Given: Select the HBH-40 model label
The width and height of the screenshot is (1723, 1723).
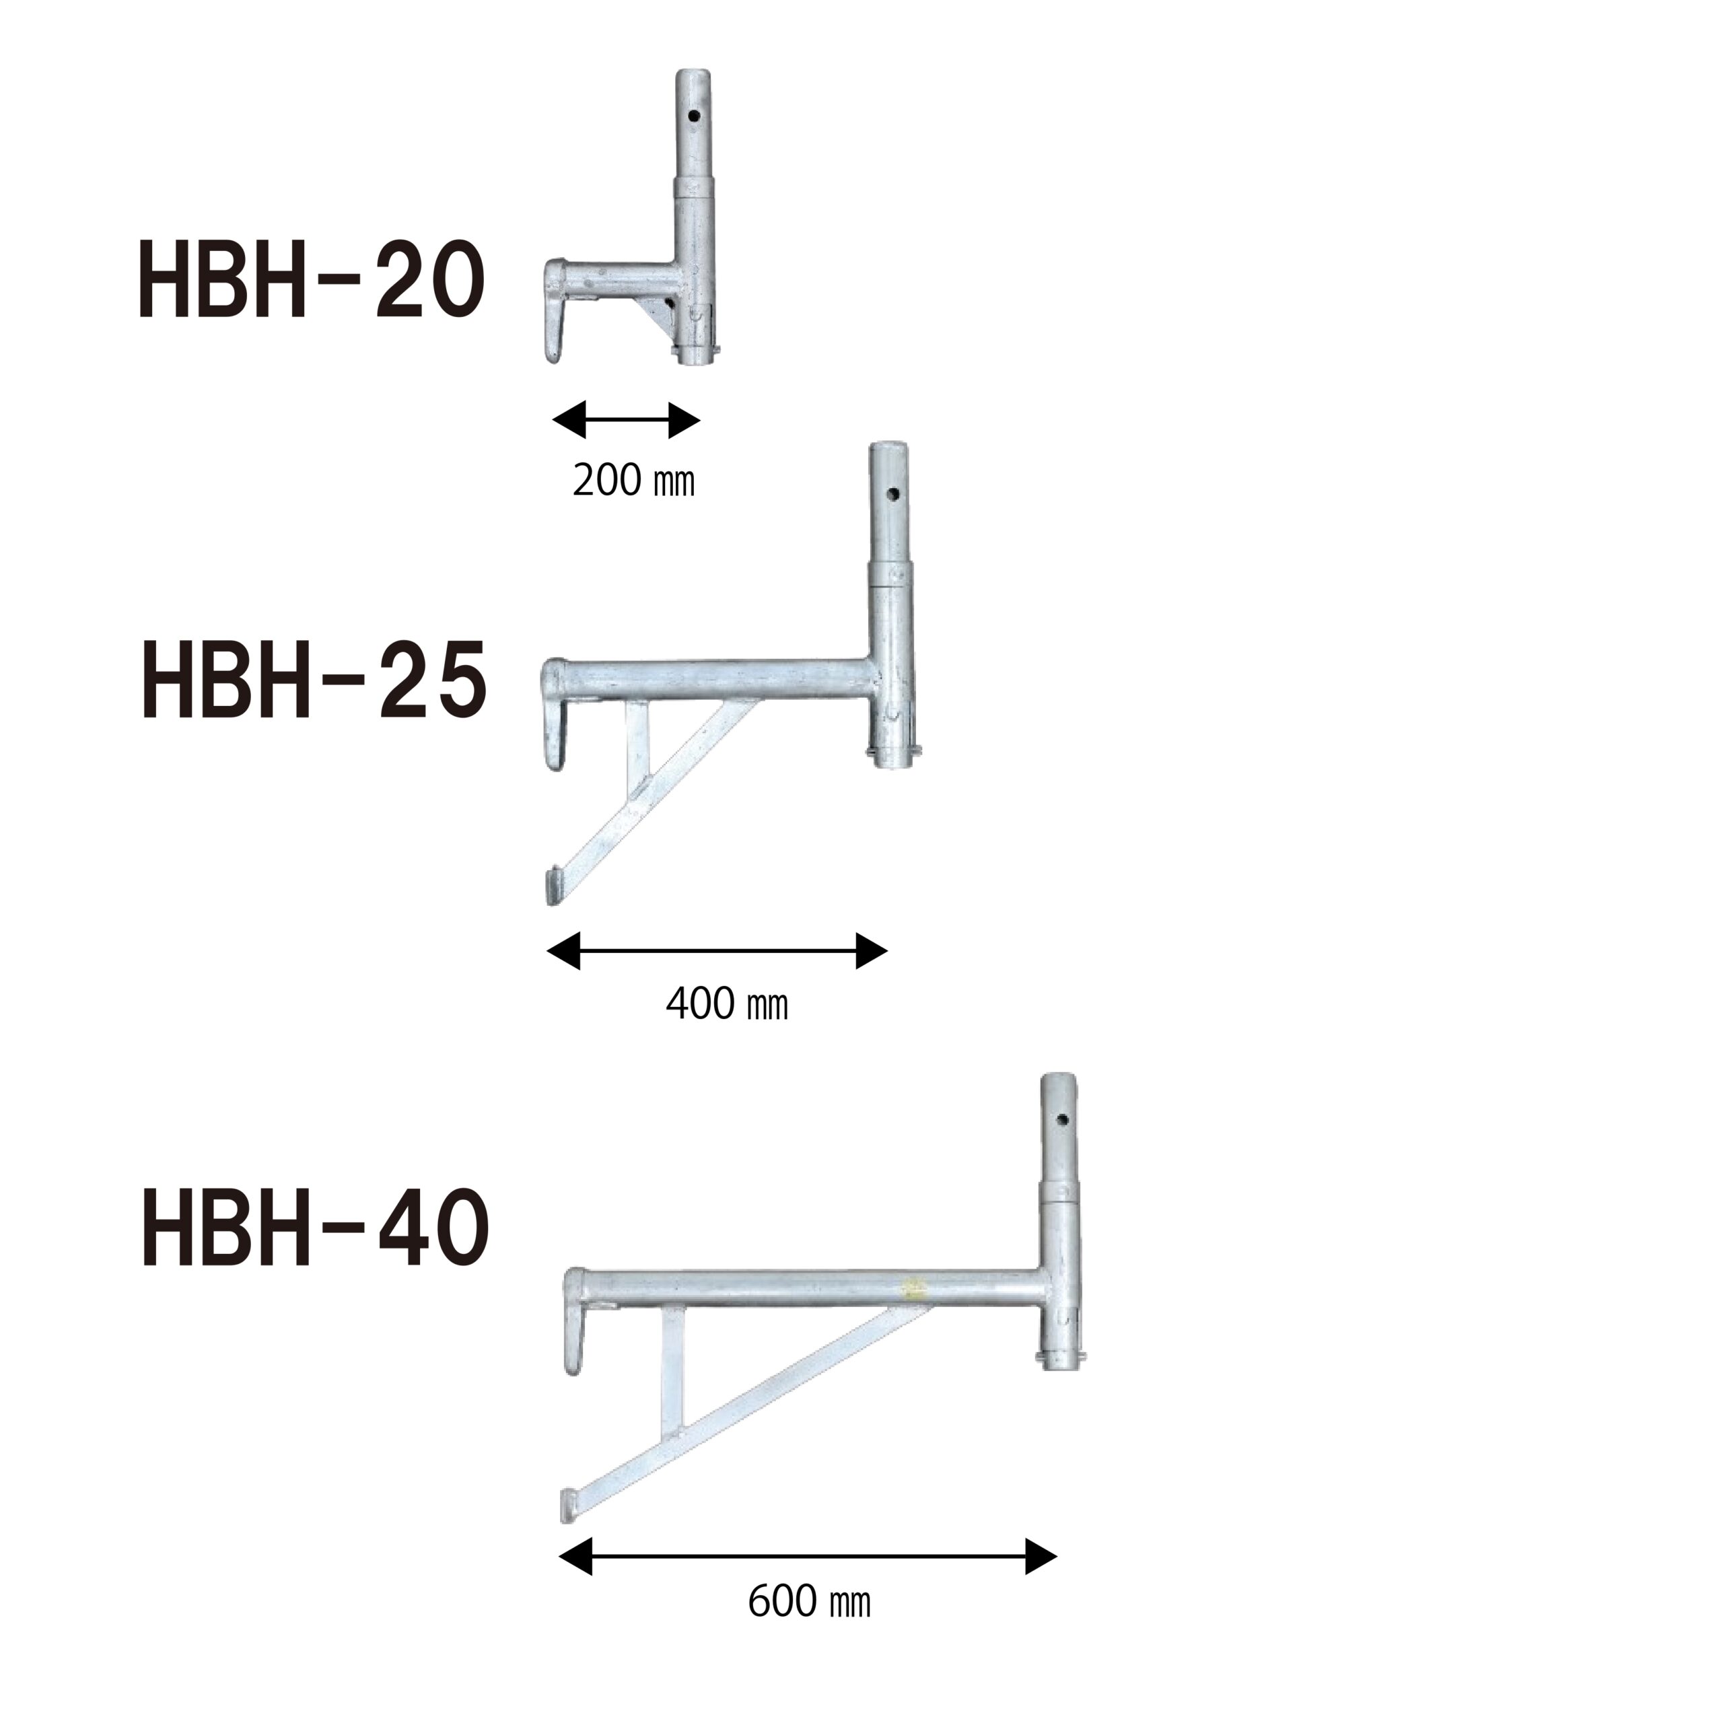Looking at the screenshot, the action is [316, 1229].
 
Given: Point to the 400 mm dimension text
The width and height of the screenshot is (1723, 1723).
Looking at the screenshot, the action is [727, 1005].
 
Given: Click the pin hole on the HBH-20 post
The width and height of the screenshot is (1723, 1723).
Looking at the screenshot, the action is [694, 115].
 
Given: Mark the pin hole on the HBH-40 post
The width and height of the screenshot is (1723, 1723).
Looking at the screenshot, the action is [1062, 1120].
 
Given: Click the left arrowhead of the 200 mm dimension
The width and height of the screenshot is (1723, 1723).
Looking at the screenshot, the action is [569, 420].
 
